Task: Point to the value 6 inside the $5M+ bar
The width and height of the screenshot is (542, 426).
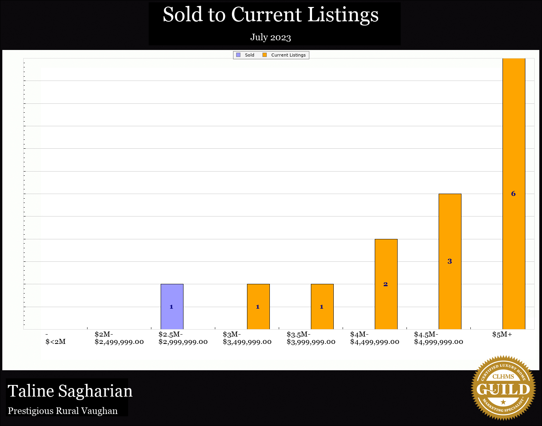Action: pos(513,194)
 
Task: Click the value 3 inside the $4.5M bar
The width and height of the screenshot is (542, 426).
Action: pos(449,261)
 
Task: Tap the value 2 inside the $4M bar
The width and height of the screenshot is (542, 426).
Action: pos(386,284)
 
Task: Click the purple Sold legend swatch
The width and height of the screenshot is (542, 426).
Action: pos(238,55)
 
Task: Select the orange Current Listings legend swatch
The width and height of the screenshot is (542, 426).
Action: pos(265,55)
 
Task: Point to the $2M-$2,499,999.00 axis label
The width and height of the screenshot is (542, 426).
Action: pos(119,338)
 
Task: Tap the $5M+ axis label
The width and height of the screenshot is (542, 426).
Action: pos(502,334)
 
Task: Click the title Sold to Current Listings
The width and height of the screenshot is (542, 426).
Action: pos(271,15)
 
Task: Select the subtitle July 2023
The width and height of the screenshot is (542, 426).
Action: pos(271,37)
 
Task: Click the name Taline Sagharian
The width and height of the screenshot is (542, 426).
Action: pos(70,391)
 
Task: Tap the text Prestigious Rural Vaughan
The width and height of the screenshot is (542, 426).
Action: pos(63,411)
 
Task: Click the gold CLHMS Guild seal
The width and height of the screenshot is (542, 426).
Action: pos(503,388)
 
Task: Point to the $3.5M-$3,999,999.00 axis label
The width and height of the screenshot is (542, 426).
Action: pos(311,338)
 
